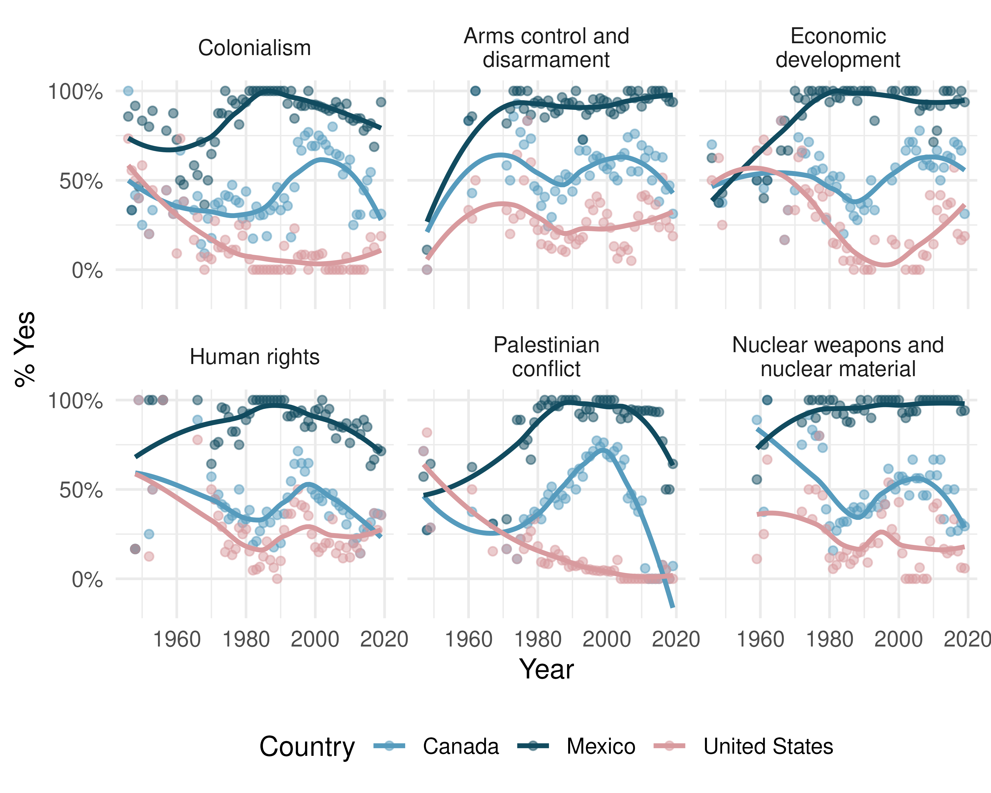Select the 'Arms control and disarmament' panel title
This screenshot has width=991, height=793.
click(546, 48)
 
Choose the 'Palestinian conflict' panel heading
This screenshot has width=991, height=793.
click(546, 357)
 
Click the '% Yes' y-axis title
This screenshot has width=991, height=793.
click(25, 349)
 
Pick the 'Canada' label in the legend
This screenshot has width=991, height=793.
click(461, 746)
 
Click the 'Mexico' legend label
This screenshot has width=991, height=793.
click(601, 746)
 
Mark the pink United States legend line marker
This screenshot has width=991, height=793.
click(669, 746)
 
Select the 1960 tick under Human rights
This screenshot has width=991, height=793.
click(177, 639)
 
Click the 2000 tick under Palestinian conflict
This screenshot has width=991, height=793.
click(607, 639)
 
